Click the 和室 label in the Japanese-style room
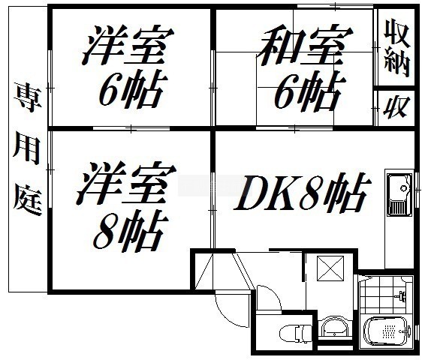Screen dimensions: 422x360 [304, 45]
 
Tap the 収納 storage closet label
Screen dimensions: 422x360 [396, 47]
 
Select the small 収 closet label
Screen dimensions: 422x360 [396, 107]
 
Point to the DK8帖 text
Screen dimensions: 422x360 [303, 192]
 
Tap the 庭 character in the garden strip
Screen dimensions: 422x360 [28, 199]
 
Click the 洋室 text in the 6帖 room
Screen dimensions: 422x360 [128, 45]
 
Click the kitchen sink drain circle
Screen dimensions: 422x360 [403, 187]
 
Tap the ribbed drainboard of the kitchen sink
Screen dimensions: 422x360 [399, 208]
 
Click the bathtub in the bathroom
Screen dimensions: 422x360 [387, 332]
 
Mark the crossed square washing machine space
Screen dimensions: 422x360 [330, 268]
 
